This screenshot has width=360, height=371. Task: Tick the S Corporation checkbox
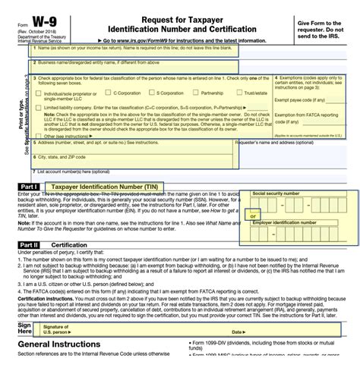pyautogui.click(x=137, y=93)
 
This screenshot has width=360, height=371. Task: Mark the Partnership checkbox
pyautogui.click(x=182, y=93)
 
